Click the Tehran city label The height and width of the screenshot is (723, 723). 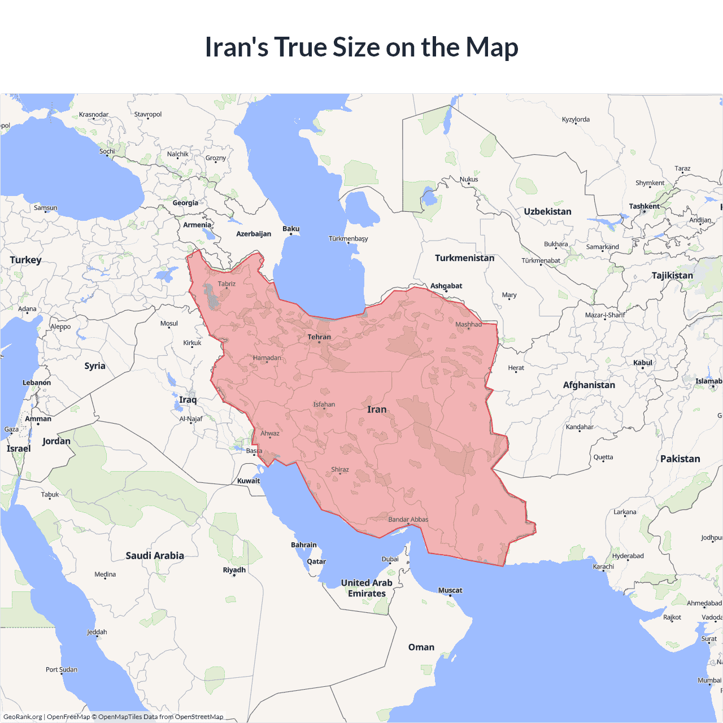(319, 337)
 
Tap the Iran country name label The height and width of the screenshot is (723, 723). (377, 410)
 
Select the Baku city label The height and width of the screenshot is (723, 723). (291, 229)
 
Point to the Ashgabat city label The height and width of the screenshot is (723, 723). (446, 286)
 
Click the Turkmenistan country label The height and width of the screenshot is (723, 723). (464, 258)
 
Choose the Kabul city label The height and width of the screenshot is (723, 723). (643, 363)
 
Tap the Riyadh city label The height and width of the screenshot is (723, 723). (234, 570)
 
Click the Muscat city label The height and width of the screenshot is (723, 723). (450, 590)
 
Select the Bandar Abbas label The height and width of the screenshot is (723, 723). (408, 520)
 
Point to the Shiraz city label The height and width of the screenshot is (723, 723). (340, 469)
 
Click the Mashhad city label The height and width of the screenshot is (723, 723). (469, 324)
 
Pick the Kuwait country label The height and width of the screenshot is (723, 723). (249, 481)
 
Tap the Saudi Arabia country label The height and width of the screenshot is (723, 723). (155, 556)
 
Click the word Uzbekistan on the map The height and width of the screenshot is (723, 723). (547, 212)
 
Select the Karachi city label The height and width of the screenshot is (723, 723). (603, 567)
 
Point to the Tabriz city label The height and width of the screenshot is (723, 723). (227, 284)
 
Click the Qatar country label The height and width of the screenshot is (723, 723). (316, 561)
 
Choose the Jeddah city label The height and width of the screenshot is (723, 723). (97, 632)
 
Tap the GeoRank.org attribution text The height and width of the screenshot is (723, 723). (23, 717)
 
